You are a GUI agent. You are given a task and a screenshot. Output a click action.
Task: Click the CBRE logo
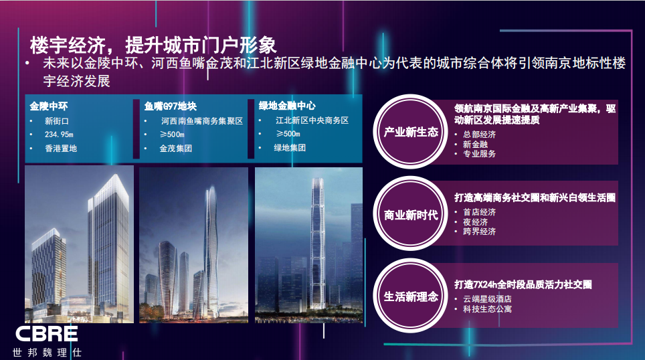click(46, 334)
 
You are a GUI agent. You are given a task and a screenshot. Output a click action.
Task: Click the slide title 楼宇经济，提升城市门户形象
click(153, 45)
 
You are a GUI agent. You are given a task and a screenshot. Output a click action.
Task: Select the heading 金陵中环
click(49, 106)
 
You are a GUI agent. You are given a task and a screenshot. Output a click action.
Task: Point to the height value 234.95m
click(59, 134)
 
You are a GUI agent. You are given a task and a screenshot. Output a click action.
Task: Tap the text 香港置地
click(61, 149)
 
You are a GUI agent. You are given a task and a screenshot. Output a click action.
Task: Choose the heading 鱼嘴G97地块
click(171, 106)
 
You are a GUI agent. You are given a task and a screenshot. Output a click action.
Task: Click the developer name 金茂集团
click(176, 149)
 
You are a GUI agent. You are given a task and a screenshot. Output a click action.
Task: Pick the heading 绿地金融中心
click(287, 106)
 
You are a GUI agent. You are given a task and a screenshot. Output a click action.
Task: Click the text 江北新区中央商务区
click(312, 120)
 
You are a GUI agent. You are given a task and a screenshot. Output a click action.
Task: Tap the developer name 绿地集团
click(290, 148)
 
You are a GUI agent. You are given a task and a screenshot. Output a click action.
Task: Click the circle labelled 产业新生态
click(411, 132)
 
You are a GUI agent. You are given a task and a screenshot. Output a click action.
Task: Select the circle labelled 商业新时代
click(411, 214)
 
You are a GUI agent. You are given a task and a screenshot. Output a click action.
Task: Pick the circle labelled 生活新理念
click(411, 296)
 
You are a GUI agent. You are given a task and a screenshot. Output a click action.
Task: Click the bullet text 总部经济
click(479, 134)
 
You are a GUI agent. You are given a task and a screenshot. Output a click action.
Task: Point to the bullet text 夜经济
click(475, 222)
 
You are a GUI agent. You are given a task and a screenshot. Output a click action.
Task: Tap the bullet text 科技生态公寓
click(488, 309)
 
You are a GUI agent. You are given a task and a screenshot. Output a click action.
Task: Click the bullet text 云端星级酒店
click(488, 299)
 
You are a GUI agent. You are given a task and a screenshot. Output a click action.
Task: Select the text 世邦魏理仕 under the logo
click(48, 352)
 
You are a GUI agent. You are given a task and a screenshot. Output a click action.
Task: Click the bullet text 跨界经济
click(479, 232)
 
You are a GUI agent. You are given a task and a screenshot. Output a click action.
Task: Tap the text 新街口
click(57, 121)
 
